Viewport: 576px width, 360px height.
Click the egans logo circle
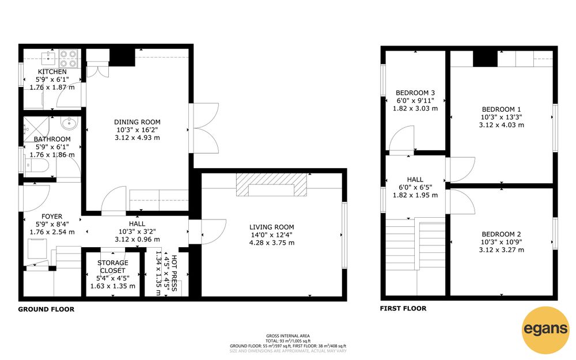545,329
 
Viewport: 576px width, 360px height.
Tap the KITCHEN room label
52,71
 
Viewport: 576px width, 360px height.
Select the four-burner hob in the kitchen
69,58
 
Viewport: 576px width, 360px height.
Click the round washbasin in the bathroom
69,123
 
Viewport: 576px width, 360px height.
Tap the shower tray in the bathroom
36,129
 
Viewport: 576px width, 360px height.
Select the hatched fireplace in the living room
271,185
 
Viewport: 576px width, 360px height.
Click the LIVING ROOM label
271,227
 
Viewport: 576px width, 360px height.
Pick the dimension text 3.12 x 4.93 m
137,138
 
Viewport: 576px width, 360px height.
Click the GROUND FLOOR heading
46,309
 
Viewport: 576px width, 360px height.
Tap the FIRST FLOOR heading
403,309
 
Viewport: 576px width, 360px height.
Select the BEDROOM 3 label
415,93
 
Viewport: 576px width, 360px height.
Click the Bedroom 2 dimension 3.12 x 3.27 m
502,250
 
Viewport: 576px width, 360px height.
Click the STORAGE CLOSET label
113,267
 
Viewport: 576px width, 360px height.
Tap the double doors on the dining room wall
204,128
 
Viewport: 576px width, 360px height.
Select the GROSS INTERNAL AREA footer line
288,336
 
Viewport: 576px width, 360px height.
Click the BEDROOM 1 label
502,109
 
